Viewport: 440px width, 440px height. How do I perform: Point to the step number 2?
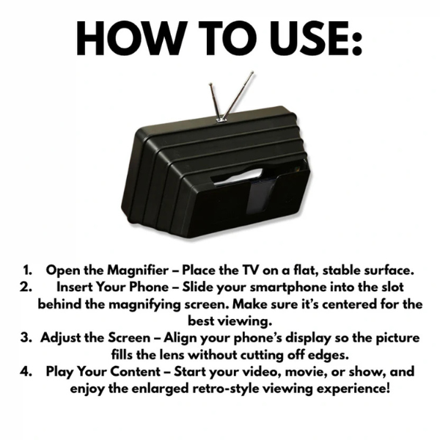(x=27, y=286)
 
